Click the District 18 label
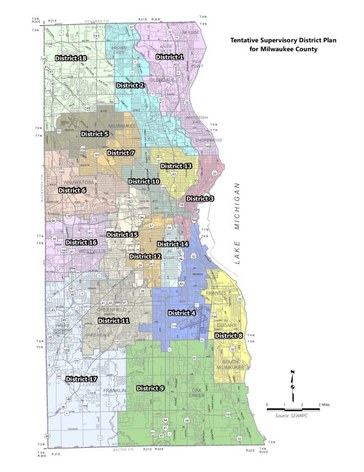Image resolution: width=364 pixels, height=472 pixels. point(71,57)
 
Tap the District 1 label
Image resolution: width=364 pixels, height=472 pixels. point(169,57)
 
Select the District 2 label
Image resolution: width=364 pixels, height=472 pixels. point(130,85)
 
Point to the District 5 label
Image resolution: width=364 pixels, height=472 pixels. point(95,133)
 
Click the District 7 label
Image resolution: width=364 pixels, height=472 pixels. point(120,152)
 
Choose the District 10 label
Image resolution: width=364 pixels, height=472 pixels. point(144,181)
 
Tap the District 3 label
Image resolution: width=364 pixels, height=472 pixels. point(200,199)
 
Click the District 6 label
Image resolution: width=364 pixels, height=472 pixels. point(72,191)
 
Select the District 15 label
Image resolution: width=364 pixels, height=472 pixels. point(122,234)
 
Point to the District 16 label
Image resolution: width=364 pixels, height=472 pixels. point(81,243)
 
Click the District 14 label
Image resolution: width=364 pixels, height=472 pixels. point(172,244)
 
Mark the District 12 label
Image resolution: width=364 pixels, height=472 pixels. point(145,256)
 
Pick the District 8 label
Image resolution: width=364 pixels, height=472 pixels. point(229,336)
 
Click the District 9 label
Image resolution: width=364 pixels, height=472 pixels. point(150,388)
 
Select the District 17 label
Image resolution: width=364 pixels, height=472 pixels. point(82,379)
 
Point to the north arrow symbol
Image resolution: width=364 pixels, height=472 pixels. point(293,380)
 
